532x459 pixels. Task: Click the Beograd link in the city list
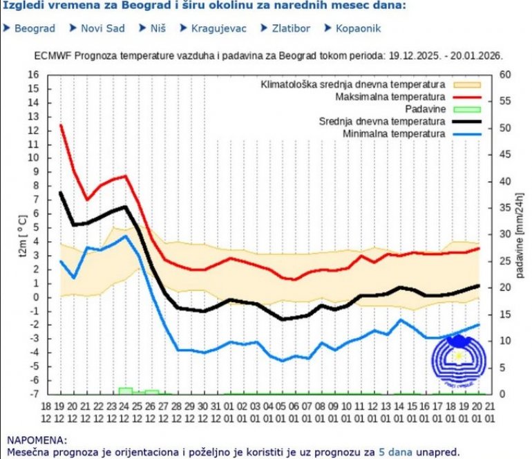tap(35, 29)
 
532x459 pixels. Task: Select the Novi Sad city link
tap(102, 29)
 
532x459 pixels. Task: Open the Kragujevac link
tap(216, 29)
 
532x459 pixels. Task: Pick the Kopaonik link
tap(358, 29)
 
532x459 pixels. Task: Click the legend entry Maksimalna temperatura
tap(390, 96)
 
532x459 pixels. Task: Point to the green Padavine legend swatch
tap(466, 109)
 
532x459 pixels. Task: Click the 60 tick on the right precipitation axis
tap(504, 74)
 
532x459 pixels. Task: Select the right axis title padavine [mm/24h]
tap(520, 235)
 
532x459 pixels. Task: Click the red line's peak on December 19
tap(61, 125)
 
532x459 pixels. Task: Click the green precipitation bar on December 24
tap(125, 391)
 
